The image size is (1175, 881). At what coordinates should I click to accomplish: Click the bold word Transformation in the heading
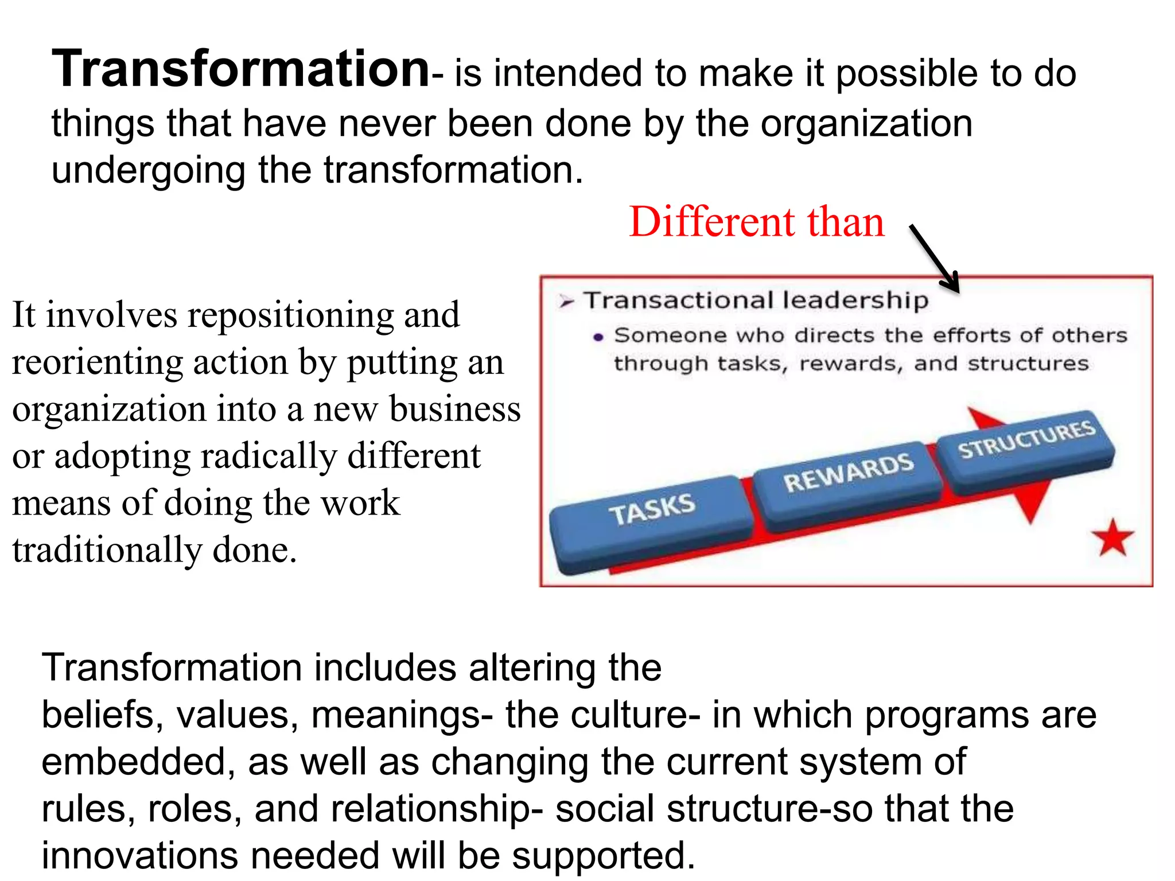(241, 69)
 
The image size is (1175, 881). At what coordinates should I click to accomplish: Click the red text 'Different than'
(756, 222)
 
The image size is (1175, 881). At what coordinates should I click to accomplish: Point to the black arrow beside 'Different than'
(934, 258)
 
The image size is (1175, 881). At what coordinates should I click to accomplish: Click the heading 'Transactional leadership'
(756, 301)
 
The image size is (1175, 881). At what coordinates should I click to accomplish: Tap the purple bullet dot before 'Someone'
(598, 337)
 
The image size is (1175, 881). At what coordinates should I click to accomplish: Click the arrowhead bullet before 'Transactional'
(567, 302)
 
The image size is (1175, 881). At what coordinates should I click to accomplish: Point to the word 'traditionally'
(107, 551)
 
